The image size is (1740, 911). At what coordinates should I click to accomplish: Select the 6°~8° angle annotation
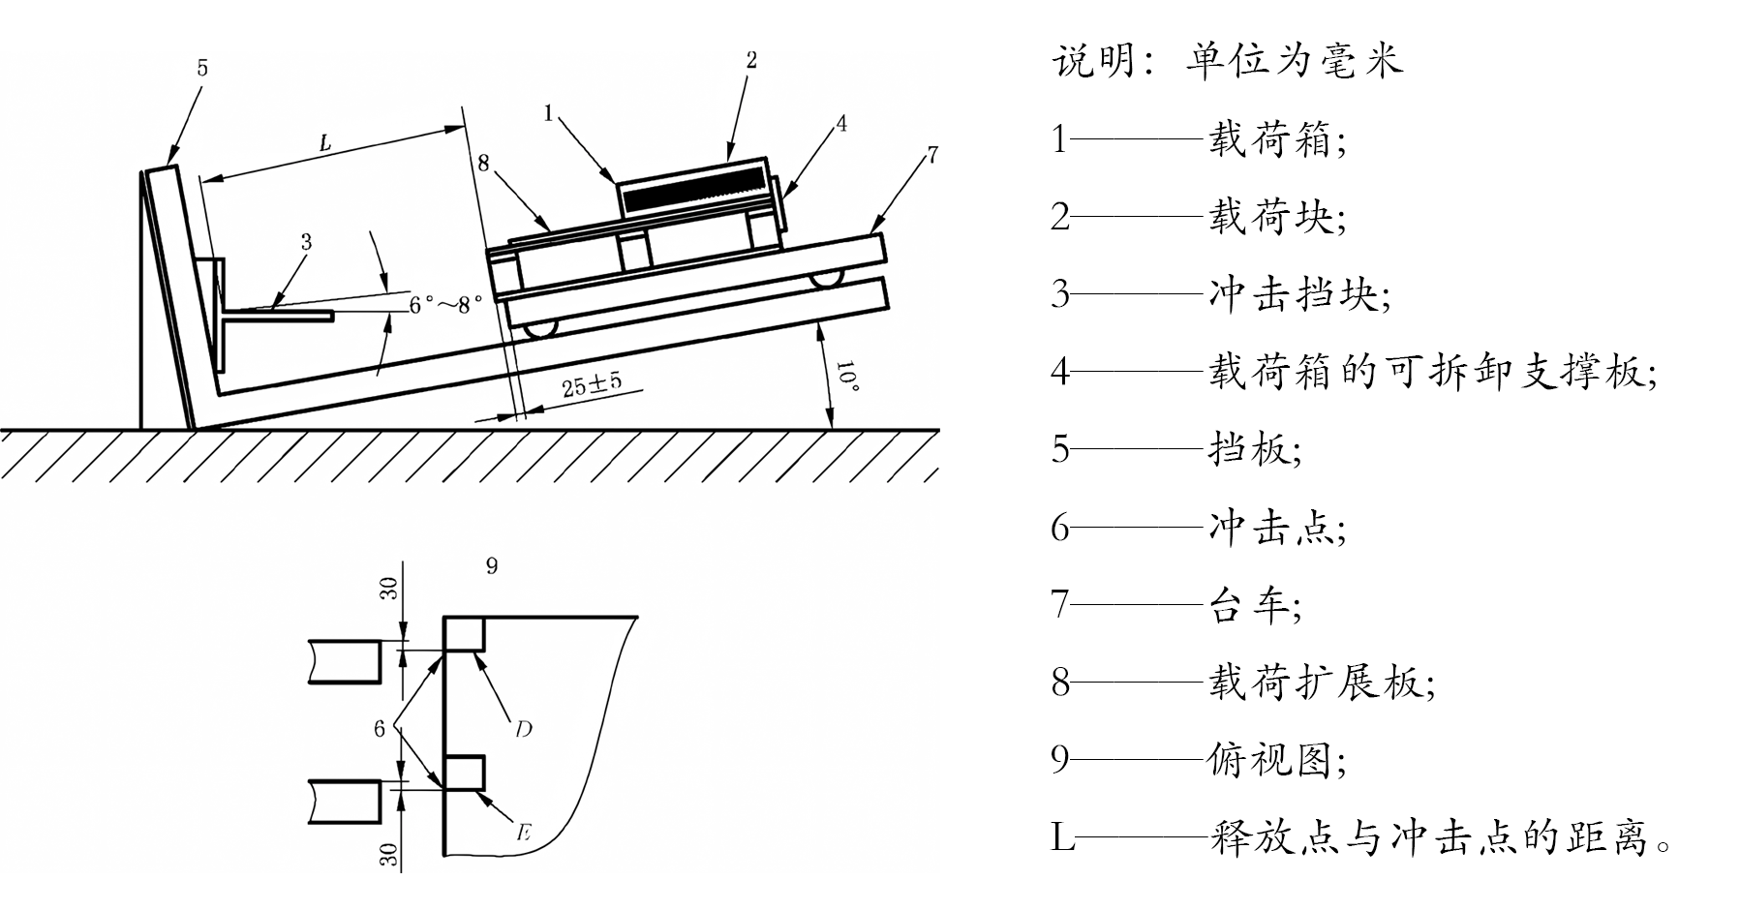tap(444, 304)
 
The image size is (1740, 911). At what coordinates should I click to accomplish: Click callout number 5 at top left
tap(202, 68)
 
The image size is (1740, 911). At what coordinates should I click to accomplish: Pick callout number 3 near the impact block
tap(306, 242)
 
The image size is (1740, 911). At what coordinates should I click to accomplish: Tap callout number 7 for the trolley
tap(931, 155)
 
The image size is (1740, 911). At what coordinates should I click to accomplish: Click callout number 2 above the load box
tap(751, 60)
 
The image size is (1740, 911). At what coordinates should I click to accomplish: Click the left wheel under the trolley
tap(540, 329)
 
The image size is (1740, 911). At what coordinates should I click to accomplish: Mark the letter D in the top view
tap(523, 729)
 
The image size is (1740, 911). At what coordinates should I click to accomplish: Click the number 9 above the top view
tap(492, 565)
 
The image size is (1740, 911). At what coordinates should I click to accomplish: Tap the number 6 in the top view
tap(380, 728)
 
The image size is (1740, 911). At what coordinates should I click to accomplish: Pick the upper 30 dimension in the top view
tap(388, 589)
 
